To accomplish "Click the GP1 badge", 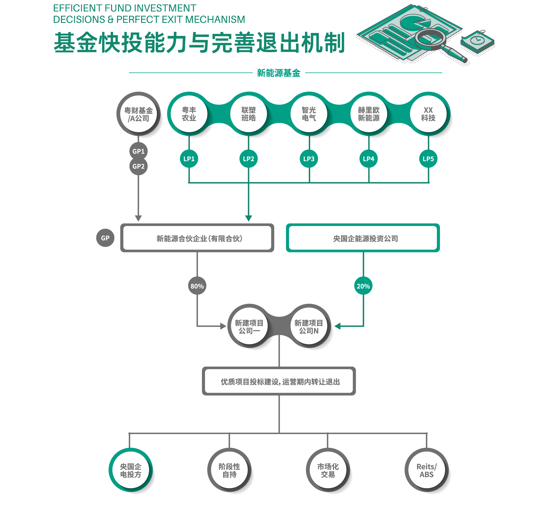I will pyautogui.click(x=138, y=151).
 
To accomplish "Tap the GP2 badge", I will pyautogui.click(x=138, y=166).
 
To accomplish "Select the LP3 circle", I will pyautogui.click(x=309, y=159).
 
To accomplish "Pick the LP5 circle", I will pyautogui.click(x=428, y=159).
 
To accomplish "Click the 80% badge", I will pyautogui.click(x=197, y=286).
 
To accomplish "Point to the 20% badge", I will pyautogui.click(x=363, y=286).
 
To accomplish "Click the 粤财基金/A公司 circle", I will pyautogui.click(x=138, y=114).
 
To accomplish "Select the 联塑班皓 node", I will pyautogui.click(x=248, y=114).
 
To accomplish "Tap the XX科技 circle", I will pyautogui.click(x=428, y=114).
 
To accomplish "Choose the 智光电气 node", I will pyautogui.click(x=309, y=114).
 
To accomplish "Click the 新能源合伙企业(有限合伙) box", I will pyautogui.click(x=197, y=238).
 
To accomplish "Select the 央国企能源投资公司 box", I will pyautogui.click(x=363, y=238).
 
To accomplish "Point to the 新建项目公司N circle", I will pyautogui.click(x=309, y=327).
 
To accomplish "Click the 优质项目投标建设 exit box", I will pyautogui.click(x=279, y=381).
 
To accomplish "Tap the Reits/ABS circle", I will pyautogui.click(x=427, y=470).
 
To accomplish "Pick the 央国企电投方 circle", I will pyautogui.click(x=131, y=470).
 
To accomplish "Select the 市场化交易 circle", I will pyautogui.click(x=328, y=470).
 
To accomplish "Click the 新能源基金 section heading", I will pyautogui.click(x=279, y=73).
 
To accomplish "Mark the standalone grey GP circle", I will pyautogui.click(x=105, y=238).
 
